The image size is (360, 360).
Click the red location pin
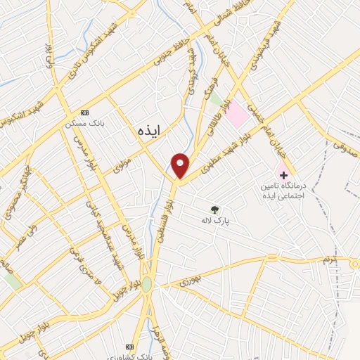pos(181,165)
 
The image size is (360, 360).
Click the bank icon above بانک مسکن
pos(85,112)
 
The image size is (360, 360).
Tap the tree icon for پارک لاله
pos(214,209)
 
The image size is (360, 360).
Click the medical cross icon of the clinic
pos(283,174)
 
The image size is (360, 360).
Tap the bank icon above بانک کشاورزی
pos(129,347)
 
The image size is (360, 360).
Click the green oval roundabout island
pos(146,284)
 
